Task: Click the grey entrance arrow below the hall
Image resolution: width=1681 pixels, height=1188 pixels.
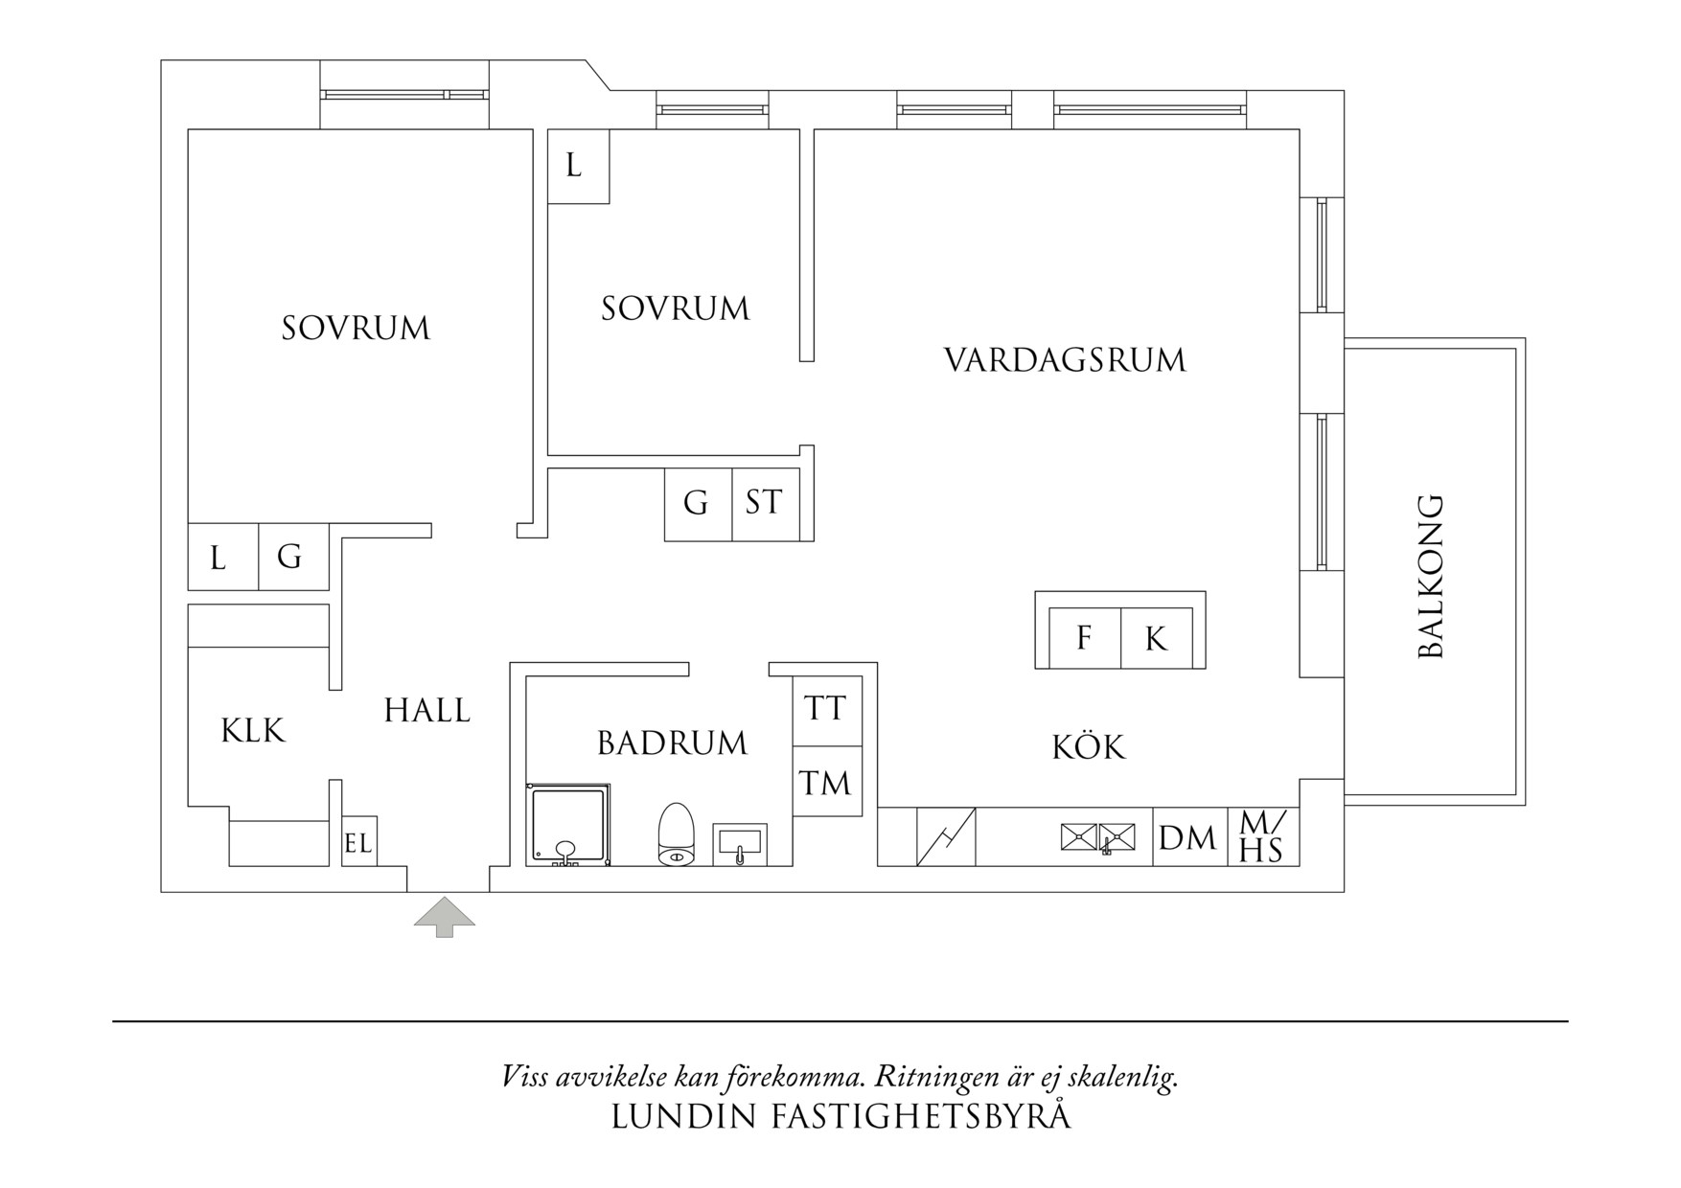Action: (444, 916)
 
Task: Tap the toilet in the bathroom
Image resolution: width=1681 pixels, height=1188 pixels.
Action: (676, 834)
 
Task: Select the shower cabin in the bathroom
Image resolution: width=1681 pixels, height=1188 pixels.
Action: (568, 825)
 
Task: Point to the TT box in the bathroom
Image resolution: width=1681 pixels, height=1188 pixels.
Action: (826, 710)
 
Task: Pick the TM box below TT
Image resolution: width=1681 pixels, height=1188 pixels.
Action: (826, 783)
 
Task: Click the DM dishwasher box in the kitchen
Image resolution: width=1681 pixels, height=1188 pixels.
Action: (1187, 838)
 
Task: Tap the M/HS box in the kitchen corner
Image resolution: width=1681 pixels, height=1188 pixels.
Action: (1262, 836)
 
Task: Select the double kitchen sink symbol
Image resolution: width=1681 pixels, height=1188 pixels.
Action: (1098, 837)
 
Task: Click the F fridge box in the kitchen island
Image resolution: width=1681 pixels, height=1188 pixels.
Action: (1084, 638)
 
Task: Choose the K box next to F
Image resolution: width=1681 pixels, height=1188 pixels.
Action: (1157, 639)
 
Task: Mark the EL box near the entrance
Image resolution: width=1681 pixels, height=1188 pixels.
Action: (358, 843)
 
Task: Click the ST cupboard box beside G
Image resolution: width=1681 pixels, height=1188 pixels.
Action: (764, 503)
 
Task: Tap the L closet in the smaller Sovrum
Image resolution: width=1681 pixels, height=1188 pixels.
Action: (575, 167)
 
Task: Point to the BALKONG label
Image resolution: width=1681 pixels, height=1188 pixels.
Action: (1430, 576)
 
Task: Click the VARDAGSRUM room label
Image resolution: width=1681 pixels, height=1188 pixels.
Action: (1065, 361)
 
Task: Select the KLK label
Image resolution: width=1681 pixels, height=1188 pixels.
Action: (253, 731)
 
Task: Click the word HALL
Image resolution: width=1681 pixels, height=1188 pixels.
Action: (427, 711)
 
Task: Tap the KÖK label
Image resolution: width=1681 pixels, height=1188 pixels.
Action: (1089, 746)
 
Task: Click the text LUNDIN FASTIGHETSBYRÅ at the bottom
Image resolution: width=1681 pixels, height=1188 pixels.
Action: (840, 1117)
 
